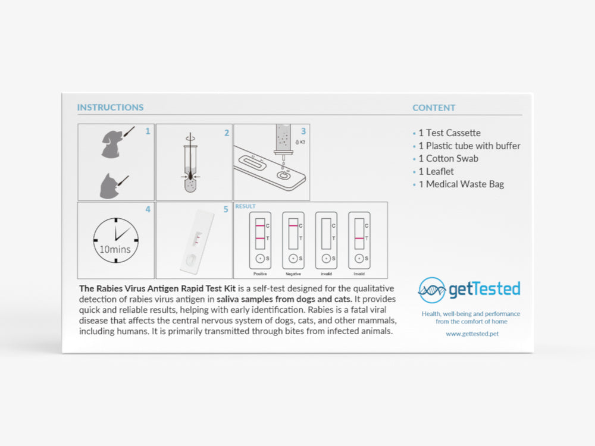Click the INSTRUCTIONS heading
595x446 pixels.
pos(110,108)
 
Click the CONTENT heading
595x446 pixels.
pos(434,108)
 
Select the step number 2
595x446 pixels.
pos(226,133)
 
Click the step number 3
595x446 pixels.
pos(303,131)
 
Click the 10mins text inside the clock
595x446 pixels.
pos(116,249)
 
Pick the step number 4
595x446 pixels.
pos(148,209)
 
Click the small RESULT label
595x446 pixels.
pos(245,206)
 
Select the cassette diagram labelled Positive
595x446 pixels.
pos(260,241)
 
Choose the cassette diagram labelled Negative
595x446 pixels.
pos(293,241)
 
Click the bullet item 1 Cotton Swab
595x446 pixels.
pos(448,159)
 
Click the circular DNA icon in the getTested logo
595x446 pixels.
pos(431,290)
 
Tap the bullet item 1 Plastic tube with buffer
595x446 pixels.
pos(469,146)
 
